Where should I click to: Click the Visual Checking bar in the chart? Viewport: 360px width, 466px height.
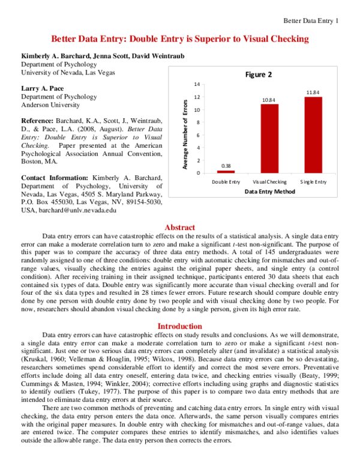coord(269,139)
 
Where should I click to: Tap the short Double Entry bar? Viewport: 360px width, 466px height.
coord(226,172)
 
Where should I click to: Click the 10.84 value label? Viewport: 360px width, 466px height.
coord(269,99)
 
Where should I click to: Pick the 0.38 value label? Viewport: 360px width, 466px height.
coord(226,166)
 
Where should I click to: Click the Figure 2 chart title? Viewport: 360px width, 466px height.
coord(259,75)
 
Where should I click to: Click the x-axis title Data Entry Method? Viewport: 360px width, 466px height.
coord(269,191)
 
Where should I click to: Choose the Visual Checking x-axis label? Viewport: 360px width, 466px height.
coord(269,181)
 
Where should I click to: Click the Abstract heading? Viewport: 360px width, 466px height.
coord(179,228)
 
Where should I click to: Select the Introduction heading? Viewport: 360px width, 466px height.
coord(179,326)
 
